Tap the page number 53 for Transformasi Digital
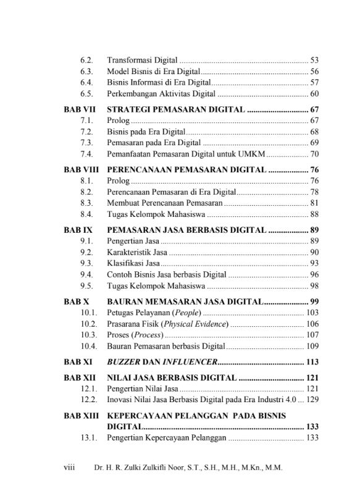tap(314, 61)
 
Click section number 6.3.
tap(86, 72)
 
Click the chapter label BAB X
tap(77, 302)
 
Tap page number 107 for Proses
tap(312, 335)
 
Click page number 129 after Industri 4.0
tap(312, 400)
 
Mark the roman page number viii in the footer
tap(69, 468)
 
